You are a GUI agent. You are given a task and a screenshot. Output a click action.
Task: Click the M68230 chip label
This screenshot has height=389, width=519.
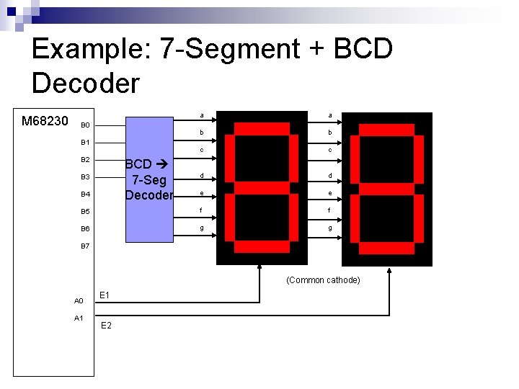(45, 120)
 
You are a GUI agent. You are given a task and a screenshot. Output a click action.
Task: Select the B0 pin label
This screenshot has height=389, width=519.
(85, 125)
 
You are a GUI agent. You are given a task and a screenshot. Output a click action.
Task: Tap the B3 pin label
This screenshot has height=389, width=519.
(85, 176)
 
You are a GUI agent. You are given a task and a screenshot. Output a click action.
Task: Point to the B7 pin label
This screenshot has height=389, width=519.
(85, 246)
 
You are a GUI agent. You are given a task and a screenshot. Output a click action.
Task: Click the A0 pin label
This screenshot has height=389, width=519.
(79, 300)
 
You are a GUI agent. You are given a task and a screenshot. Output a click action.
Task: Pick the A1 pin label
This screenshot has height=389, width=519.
(79, 318)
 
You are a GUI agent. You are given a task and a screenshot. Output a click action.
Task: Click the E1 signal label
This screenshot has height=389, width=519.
(105, 295)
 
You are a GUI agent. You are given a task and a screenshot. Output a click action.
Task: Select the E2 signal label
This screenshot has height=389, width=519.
(106, 326)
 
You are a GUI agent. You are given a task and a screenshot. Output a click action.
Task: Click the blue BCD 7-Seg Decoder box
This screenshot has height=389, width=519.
(149, 180)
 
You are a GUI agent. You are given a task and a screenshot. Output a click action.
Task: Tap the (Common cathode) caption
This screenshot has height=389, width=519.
(323, 280)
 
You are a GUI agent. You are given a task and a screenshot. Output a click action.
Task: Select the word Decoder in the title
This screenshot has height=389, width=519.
(86, 84)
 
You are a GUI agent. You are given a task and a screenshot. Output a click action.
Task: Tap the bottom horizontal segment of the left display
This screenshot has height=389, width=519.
(262, 248)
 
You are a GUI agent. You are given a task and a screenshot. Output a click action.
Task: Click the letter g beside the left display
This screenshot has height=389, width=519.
(202, 228)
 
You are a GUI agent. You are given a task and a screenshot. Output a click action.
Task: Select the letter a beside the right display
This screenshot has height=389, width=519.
(330, 115)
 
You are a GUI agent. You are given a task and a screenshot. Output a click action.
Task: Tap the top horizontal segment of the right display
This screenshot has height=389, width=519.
(387, 128)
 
